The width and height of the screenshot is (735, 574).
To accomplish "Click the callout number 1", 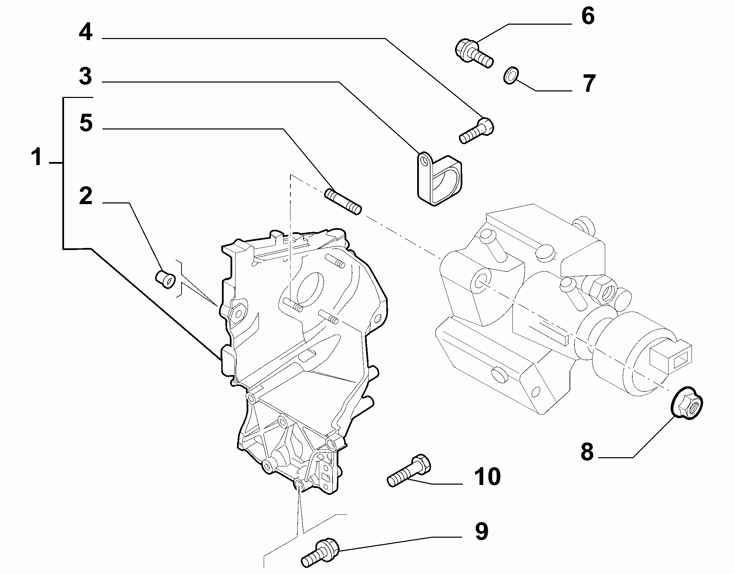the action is click(x=37, y=157).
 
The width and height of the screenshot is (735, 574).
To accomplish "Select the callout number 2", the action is click(x=86, y=196).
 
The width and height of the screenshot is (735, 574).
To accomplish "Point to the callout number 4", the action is click(x=86, y=33).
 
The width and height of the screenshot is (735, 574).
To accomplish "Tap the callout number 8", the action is click(x=587, y=451).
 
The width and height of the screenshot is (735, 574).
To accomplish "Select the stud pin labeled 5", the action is click(x=343, y=202).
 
